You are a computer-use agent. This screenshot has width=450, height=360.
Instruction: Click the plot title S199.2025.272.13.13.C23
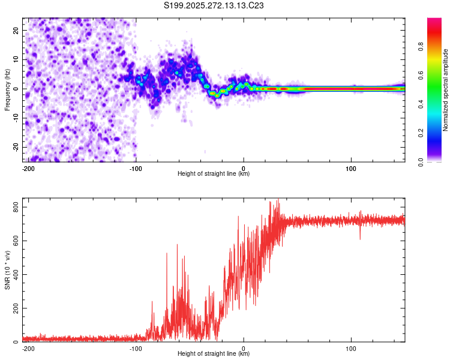tap(214, 5)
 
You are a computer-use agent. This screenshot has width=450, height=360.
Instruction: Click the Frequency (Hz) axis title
tap(7, 89)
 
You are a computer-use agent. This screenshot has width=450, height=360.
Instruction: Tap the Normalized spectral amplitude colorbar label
tap(445, 90)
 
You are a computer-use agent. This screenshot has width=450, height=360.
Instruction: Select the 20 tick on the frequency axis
tap(17, 30)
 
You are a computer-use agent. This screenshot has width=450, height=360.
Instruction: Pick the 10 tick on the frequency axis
tap(17, 59)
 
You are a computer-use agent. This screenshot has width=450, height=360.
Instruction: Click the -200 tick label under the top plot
tap(28, 167)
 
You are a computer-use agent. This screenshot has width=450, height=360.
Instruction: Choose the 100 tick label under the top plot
tap(351, 167)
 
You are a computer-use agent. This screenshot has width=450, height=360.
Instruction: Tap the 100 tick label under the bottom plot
tap(351, 347)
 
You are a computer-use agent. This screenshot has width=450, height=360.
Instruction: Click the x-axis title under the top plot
tap(214, 173)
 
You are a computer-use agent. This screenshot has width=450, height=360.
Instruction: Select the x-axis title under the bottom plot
tap(214, 353)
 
